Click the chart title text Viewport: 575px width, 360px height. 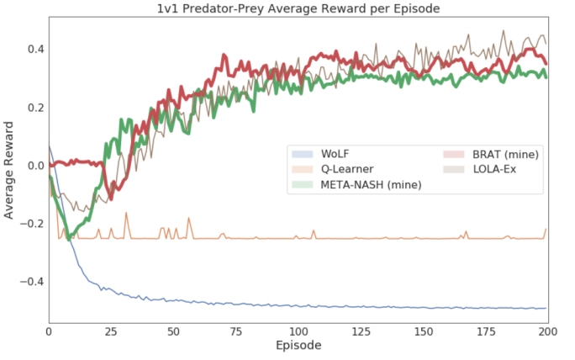[x=298, y=8]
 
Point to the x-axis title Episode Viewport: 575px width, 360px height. [x=298, y=346]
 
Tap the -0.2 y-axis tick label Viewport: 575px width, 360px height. [x=30, y=223]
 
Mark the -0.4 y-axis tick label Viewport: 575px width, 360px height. [x=30, y=281]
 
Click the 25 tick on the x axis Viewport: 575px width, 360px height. [x=111, y=331]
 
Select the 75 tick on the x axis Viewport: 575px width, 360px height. [x=236, y=331]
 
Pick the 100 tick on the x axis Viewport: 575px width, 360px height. [x=298, y=331]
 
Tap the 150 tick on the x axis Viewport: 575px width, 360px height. [x=423, y=331]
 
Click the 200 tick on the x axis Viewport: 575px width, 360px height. [x=547, y=331]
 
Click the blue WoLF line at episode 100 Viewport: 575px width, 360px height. [x=298, y=305]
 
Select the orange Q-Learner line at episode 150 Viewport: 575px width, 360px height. [x=423, y=238]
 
